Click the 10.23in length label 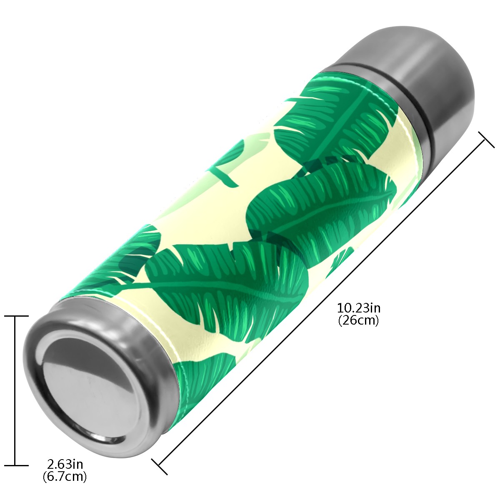[359, 308]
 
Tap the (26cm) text [358, 321]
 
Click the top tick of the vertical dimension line [16, 316]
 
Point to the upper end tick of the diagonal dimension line [486, 140]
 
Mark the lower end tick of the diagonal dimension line [160, 467]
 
